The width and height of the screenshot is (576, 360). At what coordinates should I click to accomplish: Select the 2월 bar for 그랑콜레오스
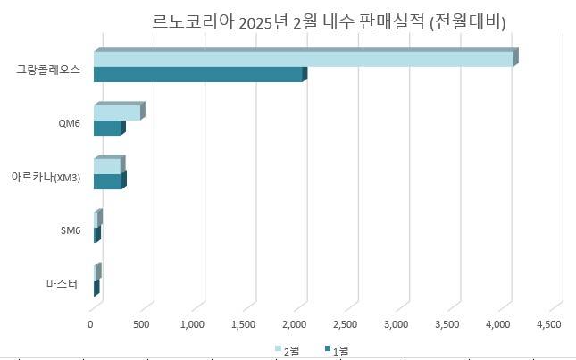(303, 58)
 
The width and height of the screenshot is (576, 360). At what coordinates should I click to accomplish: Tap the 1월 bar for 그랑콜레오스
(197, 74)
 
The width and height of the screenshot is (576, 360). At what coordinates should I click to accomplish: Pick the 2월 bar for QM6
(116, 113)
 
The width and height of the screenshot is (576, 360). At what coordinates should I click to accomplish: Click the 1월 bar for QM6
(107, 129)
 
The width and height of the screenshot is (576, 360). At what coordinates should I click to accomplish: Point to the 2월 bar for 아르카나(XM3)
(106, 166)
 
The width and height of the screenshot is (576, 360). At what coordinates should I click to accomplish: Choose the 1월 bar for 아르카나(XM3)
(107, 181)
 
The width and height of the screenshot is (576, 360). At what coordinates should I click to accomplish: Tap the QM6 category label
(69, 123)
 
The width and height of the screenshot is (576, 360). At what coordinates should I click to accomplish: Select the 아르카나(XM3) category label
(46, 178)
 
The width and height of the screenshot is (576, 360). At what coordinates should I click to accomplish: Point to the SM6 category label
(70, 230)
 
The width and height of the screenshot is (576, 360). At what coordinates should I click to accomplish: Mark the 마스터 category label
(63, 284)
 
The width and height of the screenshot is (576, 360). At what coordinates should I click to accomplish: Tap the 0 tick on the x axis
(90, 323)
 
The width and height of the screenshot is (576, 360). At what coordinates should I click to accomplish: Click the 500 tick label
(142, 323)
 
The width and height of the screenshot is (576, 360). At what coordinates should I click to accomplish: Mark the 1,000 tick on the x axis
(193, 323)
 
